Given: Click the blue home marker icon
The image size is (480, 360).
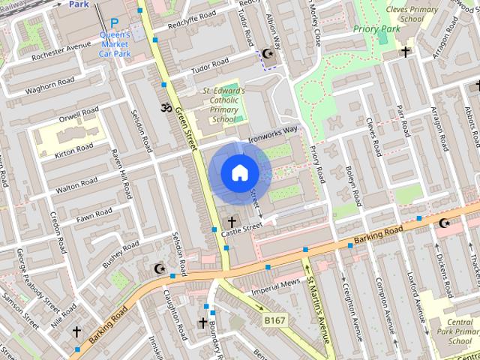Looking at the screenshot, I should (238, 173).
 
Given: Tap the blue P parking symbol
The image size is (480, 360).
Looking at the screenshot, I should (115, 23).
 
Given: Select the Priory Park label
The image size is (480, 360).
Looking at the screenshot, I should (377, 29).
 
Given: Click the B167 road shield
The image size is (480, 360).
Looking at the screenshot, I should (275, 320).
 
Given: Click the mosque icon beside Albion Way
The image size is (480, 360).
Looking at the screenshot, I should (268, 53).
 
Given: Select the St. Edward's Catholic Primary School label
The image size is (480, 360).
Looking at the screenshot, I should (223, 105).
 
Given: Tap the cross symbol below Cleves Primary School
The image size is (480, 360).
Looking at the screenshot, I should (406, 52).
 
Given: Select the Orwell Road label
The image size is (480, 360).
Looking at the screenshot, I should (80, 117).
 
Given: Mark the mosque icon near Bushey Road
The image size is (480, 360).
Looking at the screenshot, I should (158, 268).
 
